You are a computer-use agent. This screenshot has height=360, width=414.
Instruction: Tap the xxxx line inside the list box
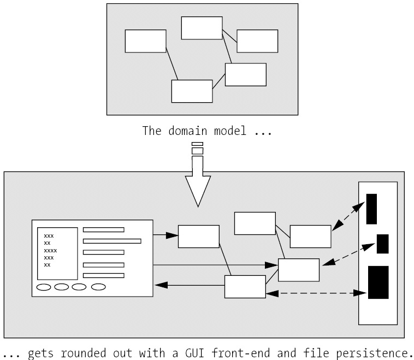pyautogui.click(x=50, y=250)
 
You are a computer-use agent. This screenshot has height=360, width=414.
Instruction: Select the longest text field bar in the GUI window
pyautogui.click(x=112, y=240)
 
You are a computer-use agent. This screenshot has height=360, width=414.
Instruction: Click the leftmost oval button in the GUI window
pyautogui.click(x=44, y=286)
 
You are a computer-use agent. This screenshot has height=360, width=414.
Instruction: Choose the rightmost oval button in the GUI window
pyautogui.click(x=98, y=286)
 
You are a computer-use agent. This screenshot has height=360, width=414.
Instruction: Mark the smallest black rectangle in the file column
pyautogui.click(x=382, y=244)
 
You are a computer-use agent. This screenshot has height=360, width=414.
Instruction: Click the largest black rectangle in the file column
pyautogui.click(x=378, y=282)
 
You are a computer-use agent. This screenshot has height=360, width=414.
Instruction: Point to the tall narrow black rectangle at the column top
pyautogui.click(x=371, y=209)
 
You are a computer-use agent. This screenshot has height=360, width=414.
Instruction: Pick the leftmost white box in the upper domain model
pyautogui.click(x=145, y=41)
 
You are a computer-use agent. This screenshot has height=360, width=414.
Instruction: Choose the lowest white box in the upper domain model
pyautogui.click(x=192, y=91)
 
